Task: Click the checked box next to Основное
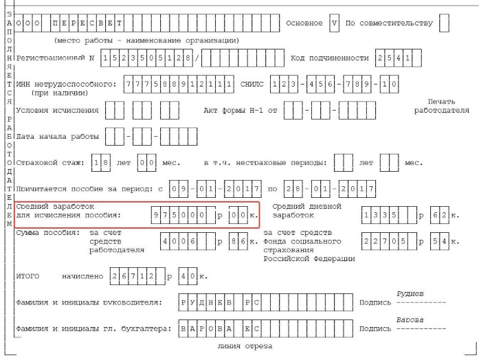[x=334, y=23]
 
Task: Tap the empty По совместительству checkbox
[x=444, y=23]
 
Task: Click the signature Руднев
[x=410, y=294]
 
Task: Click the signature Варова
[x=410, y=320]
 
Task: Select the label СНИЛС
[x=252, y=85]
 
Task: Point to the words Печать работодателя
[x=441, y=106]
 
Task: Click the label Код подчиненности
[x=329, y=58]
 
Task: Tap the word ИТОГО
[x=27, y=276]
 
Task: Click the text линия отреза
[x=245, y=346]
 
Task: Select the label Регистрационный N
[x=55, y=58]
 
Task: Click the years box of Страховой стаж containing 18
[x=101, y=163]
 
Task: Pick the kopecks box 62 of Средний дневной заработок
[x=440, y=215]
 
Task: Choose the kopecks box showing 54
[x=440, y=241]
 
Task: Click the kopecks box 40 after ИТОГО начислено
[x=188, y=276]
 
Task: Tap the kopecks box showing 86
[x=238, y=241]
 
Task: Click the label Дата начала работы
[x=57, y=137]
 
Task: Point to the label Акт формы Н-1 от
[x=240, y=110]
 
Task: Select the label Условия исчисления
[x=57, y=110]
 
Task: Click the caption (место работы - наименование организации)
[x=146, y=41]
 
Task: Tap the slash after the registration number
[x=197, y=58]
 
